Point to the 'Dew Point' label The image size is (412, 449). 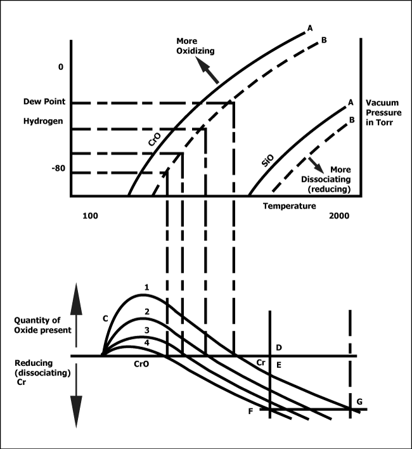pos(39,101)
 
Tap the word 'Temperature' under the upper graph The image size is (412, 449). pos(289,205)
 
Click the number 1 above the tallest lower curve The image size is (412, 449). pos(146,287)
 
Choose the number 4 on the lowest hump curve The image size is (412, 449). pos(146,343)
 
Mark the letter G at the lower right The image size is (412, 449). pos(360,402)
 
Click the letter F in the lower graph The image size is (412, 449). pos(251,411)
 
